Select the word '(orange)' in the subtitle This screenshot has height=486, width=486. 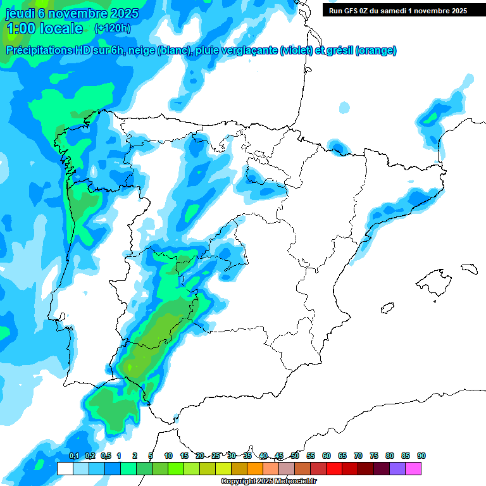pos(376,51)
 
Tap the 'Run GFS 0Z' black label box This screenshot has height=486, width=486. pos(398,10)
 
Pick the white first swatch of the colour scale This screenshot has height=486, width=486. pos(65,468)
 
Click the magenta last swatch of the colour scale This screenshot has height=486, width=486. pos(413,468)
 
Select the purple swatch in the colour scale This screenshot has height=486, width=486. pos(397,468)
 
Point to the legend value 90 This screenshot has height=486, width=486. pos(421,456)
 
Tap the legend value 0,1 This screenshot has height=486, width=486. pos(73,456)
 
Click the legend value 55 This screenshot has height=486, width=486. pos(311,456)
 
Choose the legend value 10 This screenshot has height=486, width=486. pos(168,456)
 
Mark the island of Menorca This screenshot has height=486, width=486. pos(469,268)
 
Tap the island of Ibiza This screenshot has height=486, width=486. pos(387,308)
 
